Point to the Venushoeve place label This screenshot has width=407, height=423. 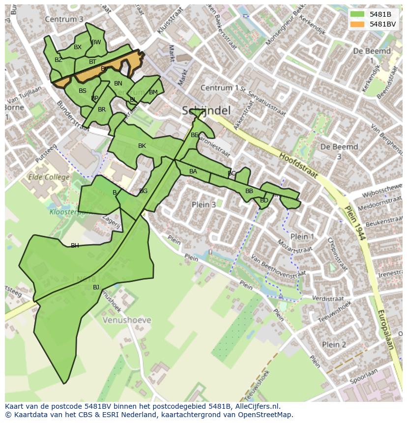(x=127, y=320)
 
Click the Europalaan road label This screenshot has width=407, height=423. (x=386, y=329)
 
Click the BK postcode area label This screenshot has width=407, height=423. (x=142, y=146)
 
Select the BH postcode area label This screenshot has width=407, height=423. (x=75, y=246)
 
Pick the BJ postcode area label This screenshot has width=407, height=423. (x=96, y=287)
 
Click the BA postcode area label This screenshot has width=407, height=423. (x=193, y=171)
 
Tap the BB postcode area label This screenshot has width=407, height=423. (x=249, y=191)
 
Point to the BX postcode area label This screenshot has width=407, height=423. (x=78, y=47)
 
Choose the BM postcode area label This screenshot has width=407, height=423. (x=153, y=92)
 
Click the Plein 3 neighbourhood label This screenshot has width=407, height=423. (x=204, y=204)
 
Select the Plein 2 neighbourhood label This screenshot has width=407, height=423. (x=334, y=344)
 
